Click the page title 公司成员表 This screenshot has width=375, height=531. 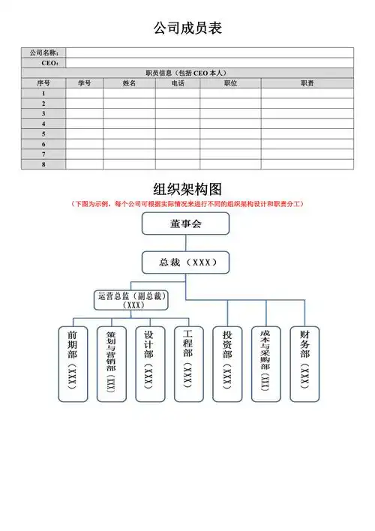[x=187, y=28]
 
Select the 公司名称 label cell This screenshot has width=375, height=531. [x=43, y=52]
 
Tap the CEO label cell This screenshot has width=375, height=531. [x=43, y=63]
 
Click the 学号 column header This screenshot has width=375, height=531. [x=84, y=83]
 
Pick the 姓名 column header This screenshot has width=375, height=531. [x=129, y=83]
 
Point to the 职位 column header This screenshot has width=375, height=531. [x=230, y=83]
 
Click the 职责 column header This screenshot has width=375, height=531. [x=307, y=83]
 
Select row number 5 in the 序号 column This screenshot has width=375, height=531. [x=43, y=133]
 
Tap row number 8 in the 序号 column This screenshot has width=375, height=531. [x=43, y=163]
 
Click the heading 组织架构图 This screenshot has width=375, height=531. [x=187, y=189]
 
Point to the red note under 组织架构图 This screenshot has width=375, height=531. [x=187, y=204]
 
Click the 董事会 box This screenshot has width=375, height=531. [x=186, y=223]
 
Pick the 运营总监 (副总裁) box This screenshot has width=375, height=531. [x=131, y=300]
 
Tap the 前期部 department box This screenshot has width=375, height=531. [x=73, y=363]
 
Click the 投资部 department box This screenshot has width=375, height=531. [x=227, y=363]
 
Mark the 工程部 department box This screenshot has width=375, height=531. [x=188, y=363]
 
